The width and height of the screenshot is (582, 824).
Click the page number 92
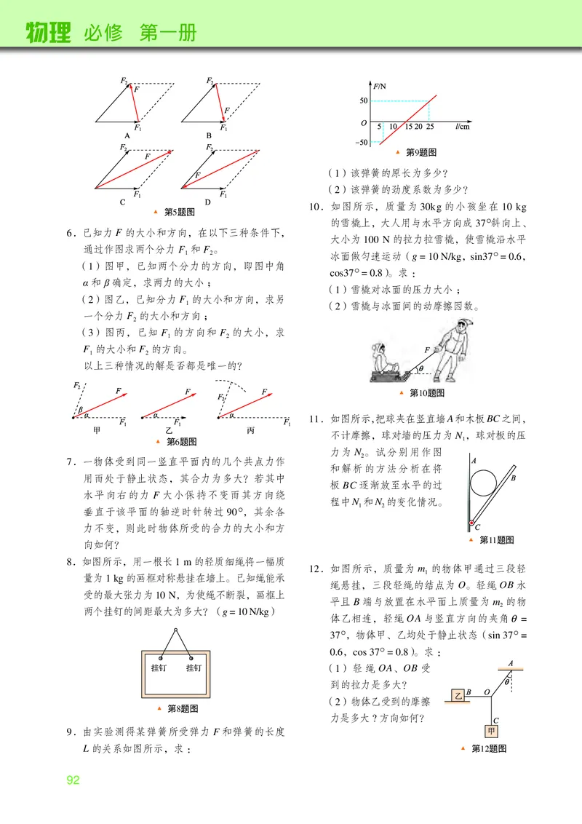73,780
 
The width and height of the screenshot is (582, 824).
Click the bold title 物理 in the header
49,33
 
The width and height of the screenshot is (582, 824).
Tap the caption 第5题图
179,212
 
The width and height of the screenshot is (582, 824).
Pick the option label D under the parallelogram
208,202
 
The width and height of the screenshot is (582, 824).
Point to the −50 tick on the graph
362,142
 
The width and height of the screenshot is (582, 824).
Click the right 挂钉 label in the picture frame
194,667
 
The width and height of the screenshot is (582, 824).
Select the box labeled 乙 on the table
459,694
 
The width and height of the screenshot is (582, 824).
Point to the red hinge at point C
471,524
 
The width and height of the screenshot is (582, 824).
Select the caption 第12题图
488,748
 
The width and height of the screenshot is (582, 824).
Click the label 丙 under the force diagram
251,431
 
